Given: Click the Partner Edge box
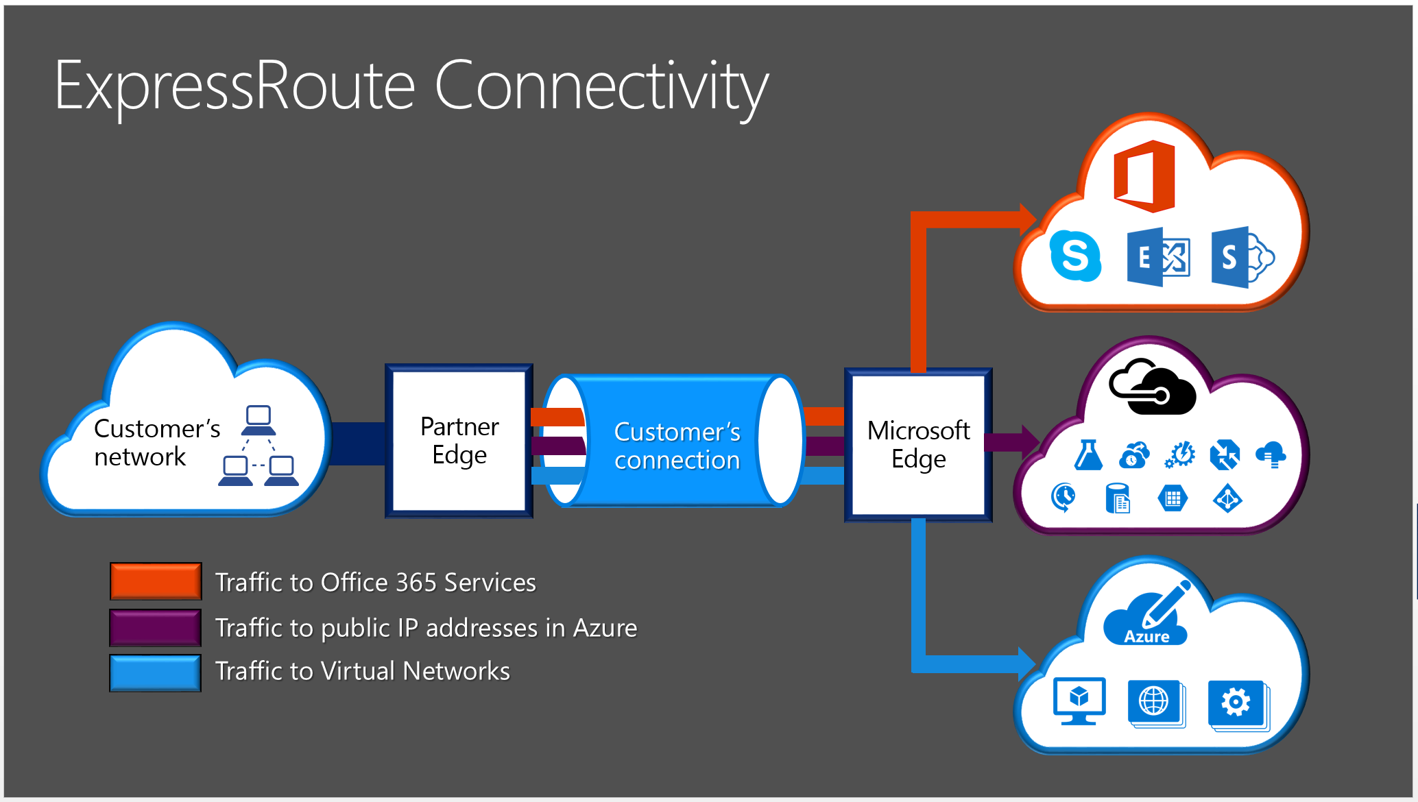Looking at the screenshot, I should [459, 441].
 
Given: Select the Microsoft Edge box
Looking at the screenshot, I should [918, 445].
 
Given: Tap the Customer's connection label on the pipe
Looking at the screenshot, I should [677, 446].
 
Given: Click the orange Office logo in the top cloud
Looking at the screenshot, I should [1144, 176].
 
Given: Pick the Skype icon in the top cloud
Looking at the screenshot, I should [1075, 256].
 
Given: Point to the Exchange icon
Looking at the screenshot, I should [1158, 258].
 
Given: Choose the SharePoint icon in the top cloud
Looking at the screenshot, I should [1240, 257].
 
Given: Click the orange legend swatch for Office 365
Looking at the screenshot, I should [156, 581].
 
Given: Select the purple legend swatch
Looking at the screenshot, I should [156, 627].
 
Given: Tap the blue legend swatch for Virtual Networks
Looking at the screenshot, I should [156, 672].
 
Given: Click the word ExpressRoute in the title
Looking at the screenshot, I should [234, 86].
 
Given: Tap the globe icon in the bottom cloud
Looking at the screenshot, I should [1155, 703].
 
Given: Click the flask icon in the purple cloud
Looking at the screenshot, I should [1088, 455].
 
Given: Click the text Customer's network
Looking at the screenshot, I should [156, 442].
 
